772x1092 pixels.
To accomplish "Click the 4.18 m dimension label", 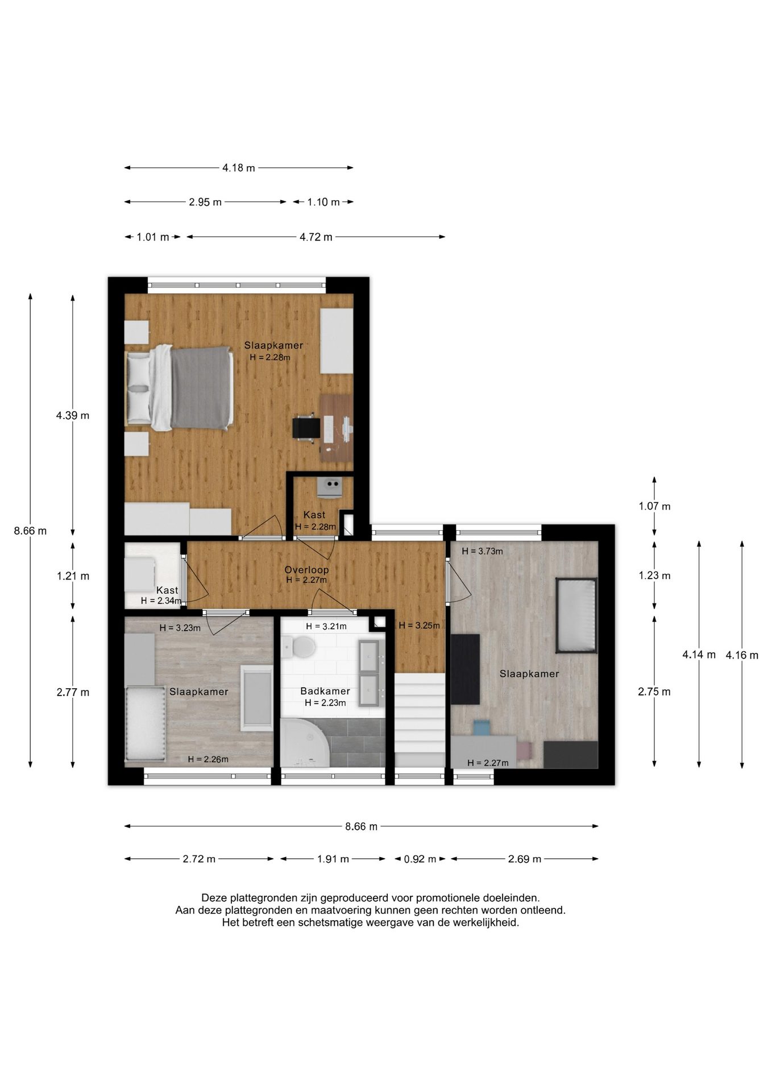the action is click(239, 168).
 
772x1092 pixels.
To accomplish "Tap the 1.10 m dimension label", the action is click(323, 202).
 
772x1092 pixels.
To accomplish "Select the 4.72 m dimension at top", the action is click(316, 237).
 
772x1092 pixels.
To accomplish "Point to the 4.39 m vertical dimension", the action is click(73, 415).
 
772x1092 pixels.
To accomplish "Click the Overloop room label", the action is click(306, 569).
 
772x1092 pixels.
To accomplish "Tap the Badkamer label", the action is click(325, 691).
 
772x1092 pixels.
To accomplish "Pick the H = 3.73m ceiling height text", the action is click(482, 551).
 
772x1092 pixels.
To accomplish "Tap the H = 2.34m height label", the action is click(161, 601).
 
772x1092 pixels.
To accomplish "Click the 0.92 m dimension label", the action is click(420, 859).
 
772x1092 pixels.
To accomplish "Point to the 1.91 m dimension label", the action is click(333, 859).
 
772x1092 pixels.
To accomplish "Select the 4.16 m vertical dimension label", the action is click(742, 655).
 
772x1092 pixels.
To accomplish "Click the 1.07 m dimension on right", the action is click(654, 506).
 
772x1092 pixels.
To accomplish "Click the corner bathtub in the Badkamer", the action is click(304, 743).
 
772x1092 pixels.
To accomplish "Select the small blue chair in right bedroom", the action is click(482, 727).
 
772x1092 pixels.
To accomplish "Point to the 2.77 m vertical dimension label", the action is click(73, 692).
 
